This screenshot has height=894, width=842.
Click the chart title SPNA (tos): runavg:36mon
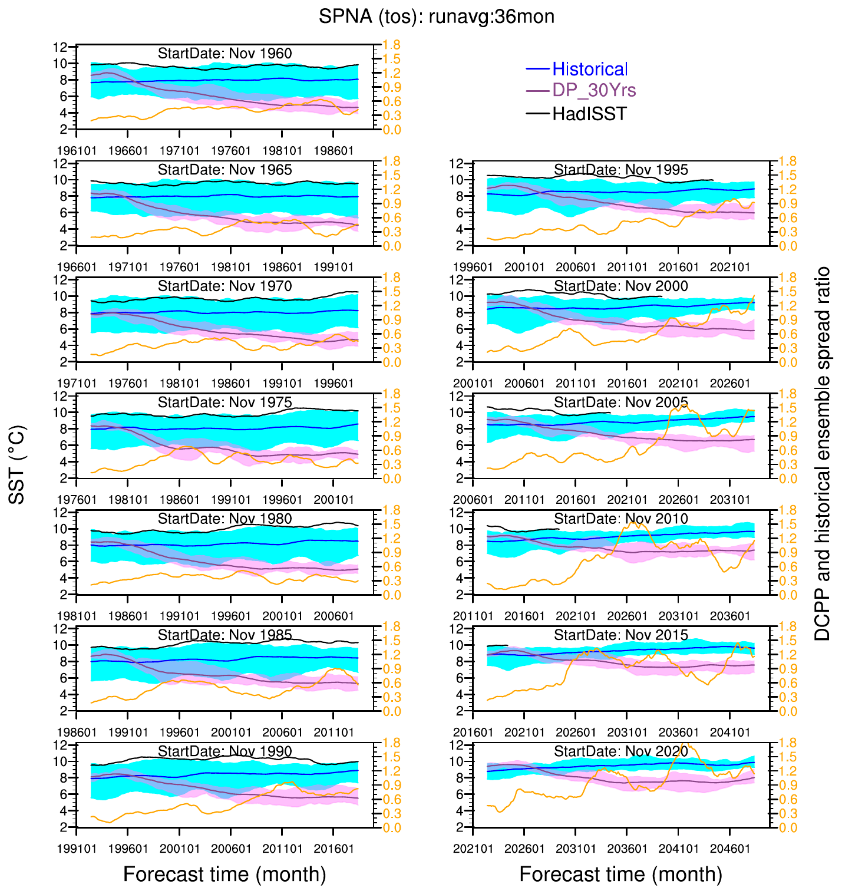point(437,17)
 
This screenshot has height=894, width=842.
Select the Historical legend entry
point(589,70)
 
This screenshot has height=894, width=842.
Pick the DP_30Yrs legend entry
point(594,90)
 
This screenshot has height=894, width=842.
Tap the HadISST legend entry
point(589,114)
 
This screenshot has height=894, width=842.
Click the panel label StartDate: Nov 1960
point(224,54)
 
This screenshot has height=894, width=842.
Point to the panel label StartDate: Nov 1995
point(621,170)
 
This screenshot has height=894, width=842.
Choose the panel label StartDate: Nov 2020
point(621,751)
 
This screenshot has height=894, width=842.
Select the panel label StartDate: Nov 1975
point(224,403)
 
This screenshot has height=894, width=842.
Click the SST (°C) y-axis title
point(18,465)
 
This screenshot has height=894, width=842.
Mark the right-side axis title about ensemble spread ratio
point(822,454)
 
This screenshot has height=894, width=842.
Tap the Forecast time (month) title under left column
point(224,873)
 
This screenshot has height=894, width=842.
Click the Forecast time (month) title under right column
point(621,873)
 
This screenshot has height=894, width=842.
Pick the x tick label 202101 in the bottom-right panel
point(473,849)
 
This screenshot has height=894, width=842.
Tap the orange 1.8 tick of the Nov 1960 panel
point(391,45)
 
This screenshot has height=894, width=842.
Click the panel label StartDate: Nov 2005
point(621,403)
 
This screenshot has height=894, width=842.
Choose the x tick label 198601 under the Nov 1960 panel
point(334,151)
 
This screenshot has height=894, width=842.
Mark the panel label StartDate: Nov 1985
point(224,635)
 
